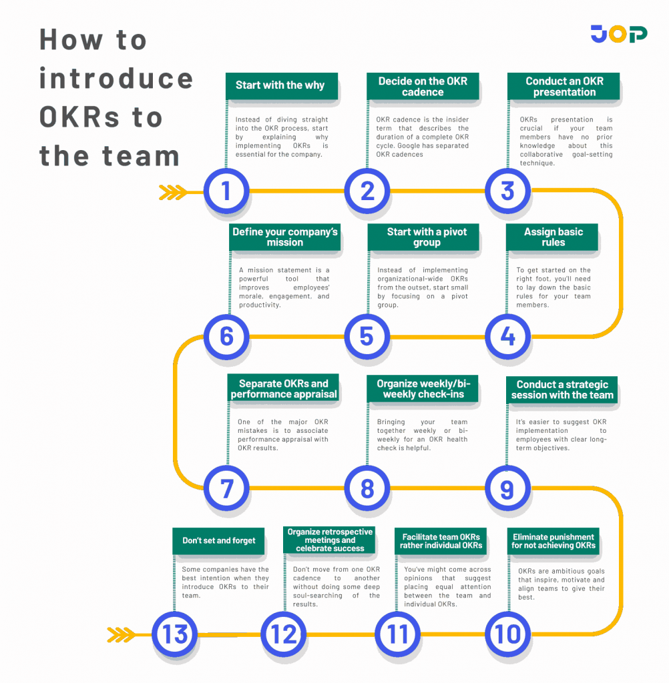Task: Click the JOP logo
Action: pos(618,34)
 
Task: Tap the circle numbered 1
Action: pos(226,191)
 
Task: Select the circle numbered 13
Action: pos(175,633)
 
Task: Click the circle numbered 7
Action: pos(226,488)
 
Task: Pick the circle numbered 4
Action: pos(507,336)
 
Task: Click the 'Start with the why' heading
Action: pos(280,85)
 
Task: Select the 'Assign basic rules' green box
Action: pos(553,237)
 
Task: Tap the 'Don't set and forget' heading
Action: pos(219,540)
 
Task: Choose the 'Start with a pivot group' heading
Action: pos(426,237)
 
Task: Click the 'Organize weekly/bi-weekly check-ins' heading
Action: pos(423,389)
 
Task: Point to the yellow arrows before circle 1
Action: pos(173,193)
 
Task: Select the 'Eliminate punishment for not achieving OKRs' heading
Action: pos(553,541)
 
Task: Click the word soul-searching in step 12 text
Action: pos(316,596)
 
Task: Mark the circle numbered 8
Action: pos(367,488)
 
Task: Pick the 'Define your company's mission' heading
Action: pos(285,237)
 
